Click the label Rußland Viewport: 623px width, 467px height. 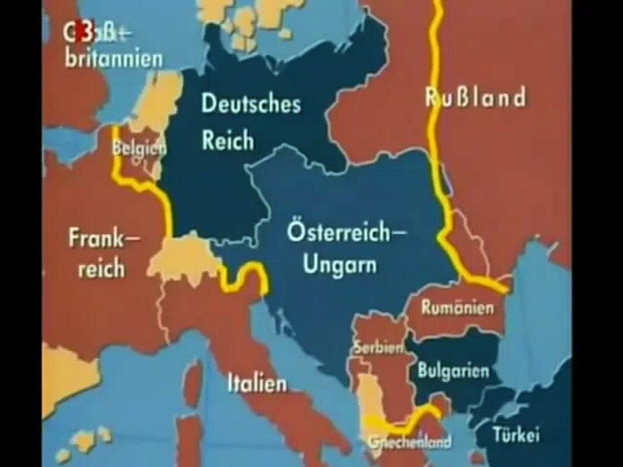click(x=475, y=98)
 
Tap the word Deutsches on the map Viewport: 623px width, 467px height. click(x=250, y=104)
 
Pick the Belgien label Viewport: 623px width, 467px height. click(x=139, y=149)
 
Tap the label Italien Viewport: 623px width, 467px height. click(x=257, y=383)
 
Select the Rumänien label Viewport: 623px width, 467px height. click(x=457, y=308)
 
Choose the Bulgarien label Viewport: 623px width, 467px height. click(x=453, y=372)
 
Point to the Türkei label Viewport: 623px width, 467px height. click(x=515, y=435)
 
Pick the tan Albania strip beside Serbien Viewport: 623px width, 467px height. click(x=370, y=396)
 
